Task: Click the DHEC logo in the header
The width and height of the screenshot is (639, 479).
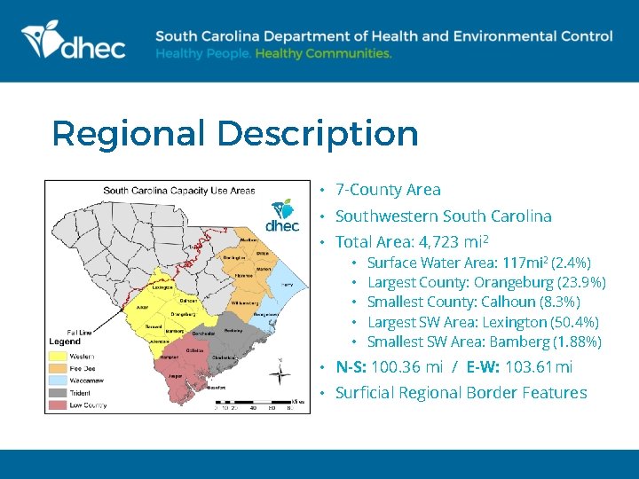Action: [x=73, y=42]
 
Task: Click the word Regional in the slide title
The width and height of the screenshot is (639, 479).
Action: [x=129, y=134]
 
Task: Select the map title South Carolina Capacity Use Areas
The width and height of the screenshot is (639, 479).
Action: [x=179, y=190]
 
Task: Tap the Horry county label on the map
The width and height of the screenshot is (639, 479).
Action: [x=287, y=284]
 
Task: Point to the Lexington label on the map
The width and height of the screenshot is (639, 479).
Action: [x=162, y=287]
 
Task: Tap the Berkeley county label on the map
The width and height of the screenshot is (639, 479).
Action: [x=233, y=330]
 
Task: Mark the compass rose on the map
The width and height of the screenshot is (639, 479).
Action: [x=280, y=373]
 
